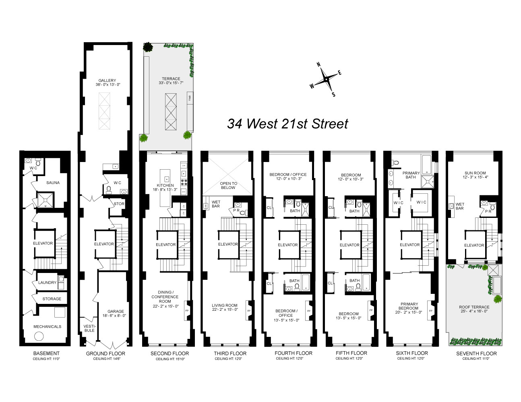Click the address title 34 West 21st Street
[x=287, y=123]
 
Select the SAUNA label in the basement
[x=53, y=183]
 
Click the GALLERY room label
[x=107, y=80]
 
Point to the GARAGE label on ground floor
[x=116, y=312]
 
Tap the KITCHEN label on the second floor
[x=165, y=185]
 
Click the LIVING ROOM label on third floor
[x=225, y=306]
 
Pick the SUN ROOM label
[x=475, y=173]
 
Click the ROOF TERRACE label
[x=474, y=307]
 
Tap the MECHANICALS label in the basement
[x=48, y=326]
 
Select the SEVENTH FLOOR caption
[x=476, y=354]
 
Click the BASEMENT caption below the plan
[x=46, y=354]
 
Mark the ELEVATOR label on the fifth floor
[x=349, y=245]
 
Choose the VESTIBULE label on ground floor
[x=89, y=328]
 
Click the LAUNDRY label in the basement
[x=47, y=283]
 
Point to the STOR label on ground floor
[x=119, y=204]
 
